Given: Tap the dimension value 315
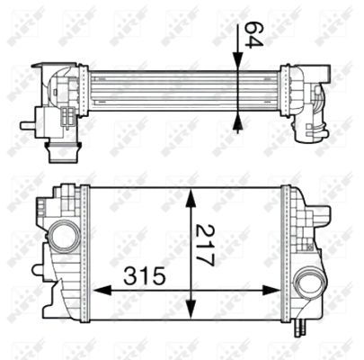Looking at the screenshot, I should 143,274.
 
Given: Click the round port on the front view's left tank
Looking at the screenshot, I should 65,237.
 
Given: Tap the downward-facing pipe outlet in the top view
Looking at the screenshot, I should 60,148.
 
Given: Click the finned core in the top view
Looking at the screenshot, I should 180,90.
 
